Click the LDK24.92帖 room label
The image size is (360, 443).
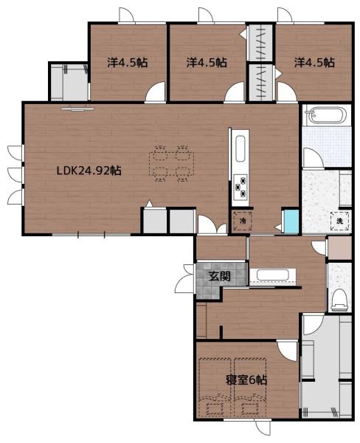pos(89,171)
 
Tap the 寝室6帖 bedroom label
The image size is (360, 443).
pos(246,380)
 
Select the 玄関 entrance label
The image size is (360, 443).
pos(219,276)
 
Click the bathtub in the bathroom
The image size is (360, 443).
pos(325,115)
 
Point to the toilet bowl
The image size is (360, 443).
pos(339,300)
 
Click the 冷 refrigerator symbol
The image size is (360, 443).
pos(242,221)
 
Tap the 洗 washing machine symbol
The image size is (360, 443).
pos(339,221)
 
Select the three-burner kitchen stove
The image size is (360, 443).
pos(240,186)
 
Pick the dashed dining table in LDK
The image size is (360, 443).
pos(172,164)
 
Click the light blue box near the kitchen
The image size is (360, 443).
pos(291,222)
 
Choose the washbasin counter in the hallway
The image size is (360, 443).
pos(272,275)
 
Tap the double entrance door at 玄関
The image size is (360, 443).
pos(185,279)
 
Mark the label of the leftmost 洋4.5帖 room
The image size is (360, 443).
pos(128,63)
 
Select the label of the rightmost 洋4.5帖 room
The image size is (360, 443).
pos(314,63)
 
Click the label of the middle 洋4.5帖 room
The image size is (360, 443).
pos(207,63)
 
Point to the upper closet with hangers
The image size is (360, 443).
pos(260,42)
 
